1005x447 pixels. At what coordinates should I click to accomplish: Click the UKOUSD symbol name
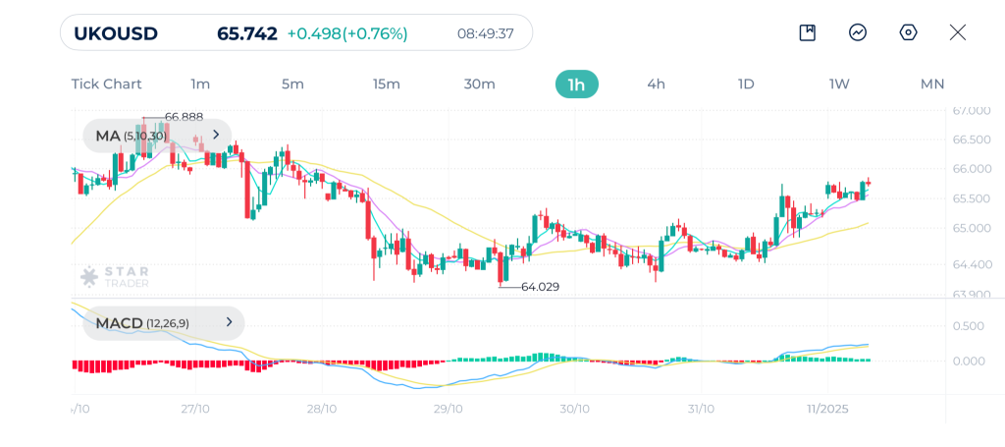[115, 33]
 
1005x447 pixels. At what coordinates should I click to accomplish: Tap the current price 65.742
[245, 33]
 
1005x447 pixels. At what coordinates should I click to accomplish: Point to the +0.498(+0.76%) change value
[346, 33]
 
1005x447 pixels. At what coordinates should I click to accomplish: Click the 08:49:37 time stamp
[486, 33]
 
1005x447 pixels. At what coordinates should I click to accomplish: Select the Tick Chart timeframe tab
[106, 84]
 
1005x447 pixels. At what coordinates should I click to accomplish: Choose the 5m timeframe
[292, 84]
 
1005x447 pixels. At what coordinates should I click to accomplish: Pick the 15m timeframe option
[387, 84]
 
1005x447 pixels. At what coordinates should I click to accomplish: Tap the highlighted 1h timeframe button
[576, 84]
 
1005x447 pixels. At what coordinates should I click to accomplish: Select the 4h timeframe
[656, 84]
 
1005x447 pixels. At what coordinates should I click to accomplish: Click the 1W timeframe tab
[839, 84]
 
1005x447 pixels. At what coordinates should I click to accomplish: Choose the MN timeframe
[931, 84]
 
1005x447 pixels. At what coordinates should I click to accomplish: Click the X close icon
[958, 32]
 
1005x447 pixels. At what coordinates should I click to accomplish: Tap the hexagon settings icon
[908, 32]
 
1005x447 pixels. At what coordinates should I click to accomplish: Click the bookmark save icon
[808, 32]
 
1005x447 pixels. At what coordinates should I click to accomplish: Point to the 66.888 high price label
[184, 117]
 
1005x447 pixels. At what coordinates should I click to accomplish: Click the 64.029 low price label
[541, 287]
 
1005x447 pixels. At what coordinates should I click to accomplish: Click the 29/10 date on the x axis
[448, 409]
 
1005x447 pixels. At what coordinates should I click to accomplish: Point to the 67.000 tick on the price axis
[972, 110]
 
